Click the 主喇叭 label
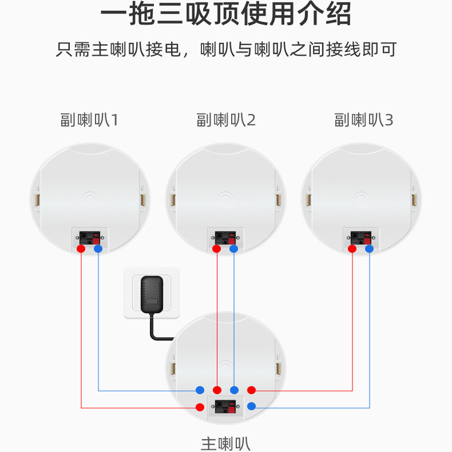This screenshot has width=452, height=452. (x=225, y=443)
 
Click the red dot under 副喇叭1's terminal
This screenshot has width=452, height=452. (x=81, y=249)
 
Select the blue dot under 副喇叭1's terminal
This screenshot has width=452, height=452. (x=98, y=249)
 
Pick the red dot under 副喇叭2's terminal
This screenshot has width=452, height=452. (x=217, y=249)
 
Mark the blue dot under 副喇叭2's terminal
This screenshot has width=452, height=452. (x=233, y=249)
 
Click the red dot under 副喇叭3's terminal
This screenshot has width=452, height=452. (x=352, y=249)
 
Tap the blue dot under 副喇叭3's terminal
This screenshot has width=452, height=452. (x=370, y=249)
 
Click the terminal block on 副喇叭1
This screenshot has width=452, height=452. (x=90, y=236)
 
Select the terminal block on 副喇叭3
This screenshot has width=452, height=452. (x=361, y=236)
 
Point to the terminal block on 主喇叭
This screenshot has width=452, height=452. (x=225, y=408)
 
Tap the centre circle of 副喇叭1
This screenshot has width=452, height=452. (x=89, y=199)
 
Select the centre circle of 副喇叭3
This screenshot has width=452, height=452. (x=361, y=199)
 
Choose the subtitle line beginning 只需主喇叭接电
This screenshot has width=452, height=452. (x=225, y=49)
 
